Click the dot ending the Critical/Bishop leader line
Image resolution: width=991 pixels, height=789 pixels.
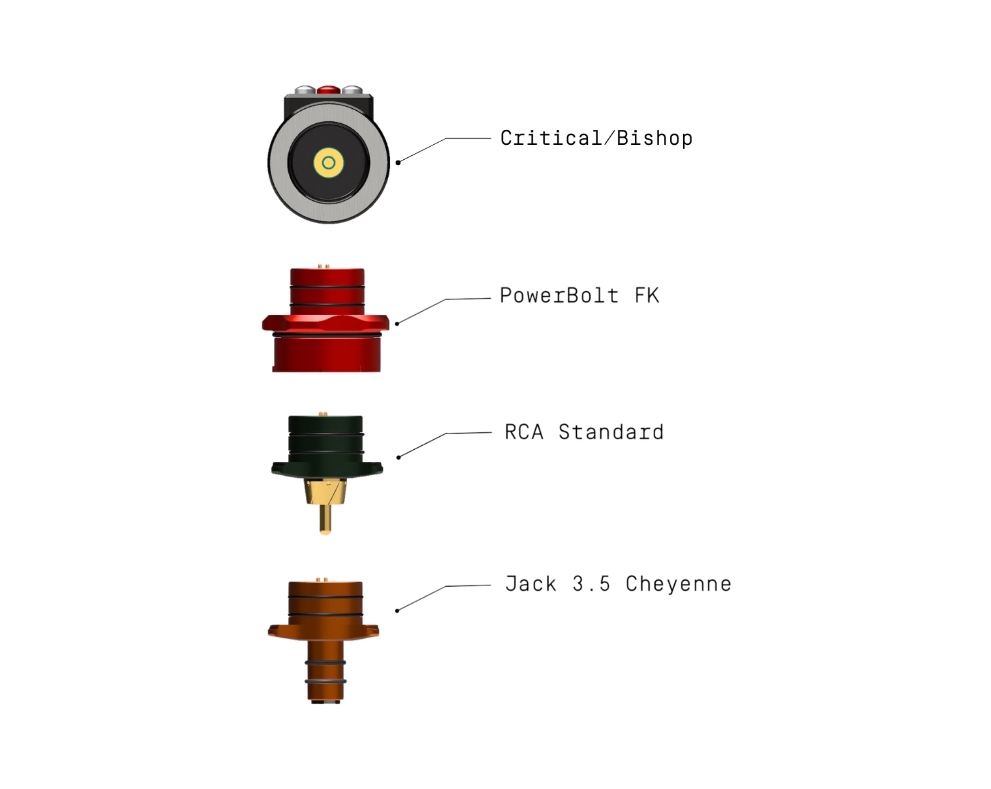(x=398, y=163)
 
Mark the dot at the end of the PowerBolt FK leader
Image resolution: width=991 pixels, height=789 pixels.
(x=397, y=323)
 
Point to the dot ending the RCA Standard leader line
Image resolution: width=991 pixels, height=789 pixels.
(x=398, y=457)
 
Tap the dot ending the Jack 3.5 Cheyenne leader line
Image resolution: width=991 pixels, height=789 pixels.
(x=397, y=611)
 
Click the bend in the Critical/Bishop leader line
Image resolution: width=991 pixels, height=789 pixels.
(x=446, y=138)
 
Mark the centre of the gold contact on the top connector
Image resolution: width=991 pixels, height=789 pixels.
(x=329, y=163)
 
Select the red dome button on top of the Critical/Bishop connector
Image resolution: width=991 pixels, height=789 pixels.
(x=329, y=90)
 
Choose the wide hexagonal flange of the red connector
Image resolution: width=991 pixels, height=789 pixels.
(x=326, y=323)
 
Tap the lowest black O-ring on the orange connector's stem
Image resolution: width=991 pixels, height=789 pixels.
(x=325, y=682)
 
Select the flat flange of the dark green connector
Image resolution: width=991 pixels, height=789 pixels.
(x=327, y=468)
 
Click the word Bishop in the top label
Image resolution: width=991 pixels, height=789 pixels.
(x=655, y=138)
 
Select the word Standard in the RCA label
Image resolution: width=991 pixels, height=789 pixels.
(x=611, y=432)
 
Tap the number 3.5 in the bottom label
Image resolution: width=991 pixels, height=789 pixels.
(x=591, y=584)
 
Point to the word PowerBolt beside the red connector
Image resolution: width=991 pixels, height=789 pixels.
(x=559, y=295)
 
